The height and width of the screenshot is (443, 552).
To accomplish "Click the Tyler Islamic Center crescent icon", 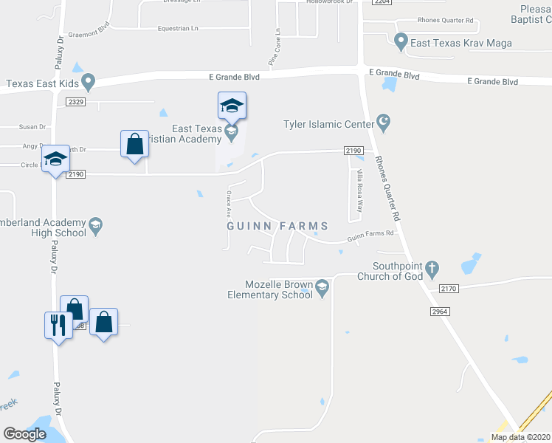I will (x=383, y=120).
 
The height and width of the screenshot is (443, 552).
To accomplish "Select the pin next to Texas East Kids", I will (x=89, y=80).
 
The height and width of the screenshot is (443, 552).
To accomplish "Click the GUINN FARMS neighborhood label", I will (x=277, y=224).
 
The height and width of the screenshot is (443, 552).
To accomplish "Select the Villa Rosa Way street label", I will (x=359, y=190).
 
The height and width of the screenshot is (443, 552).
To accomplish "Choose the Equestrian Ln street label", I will (x=178, y=28).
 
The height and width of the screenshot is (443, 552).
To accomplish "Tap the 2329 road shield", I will (x=76, y=100).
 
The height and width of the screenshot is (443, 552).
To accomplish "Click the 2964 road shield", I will (x=441, y=312).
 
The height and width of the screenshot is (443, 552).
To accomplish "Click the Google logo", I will (x=25, y=434).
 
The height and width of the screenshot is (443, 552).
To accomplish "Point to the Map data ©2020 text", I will (x=520, y=437).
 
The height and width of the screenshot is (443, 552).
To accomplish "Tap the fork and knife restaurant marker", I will (x=58, y=325).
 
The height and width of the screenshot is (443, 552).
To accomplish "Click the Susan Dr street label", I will (x=32, y=127).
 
